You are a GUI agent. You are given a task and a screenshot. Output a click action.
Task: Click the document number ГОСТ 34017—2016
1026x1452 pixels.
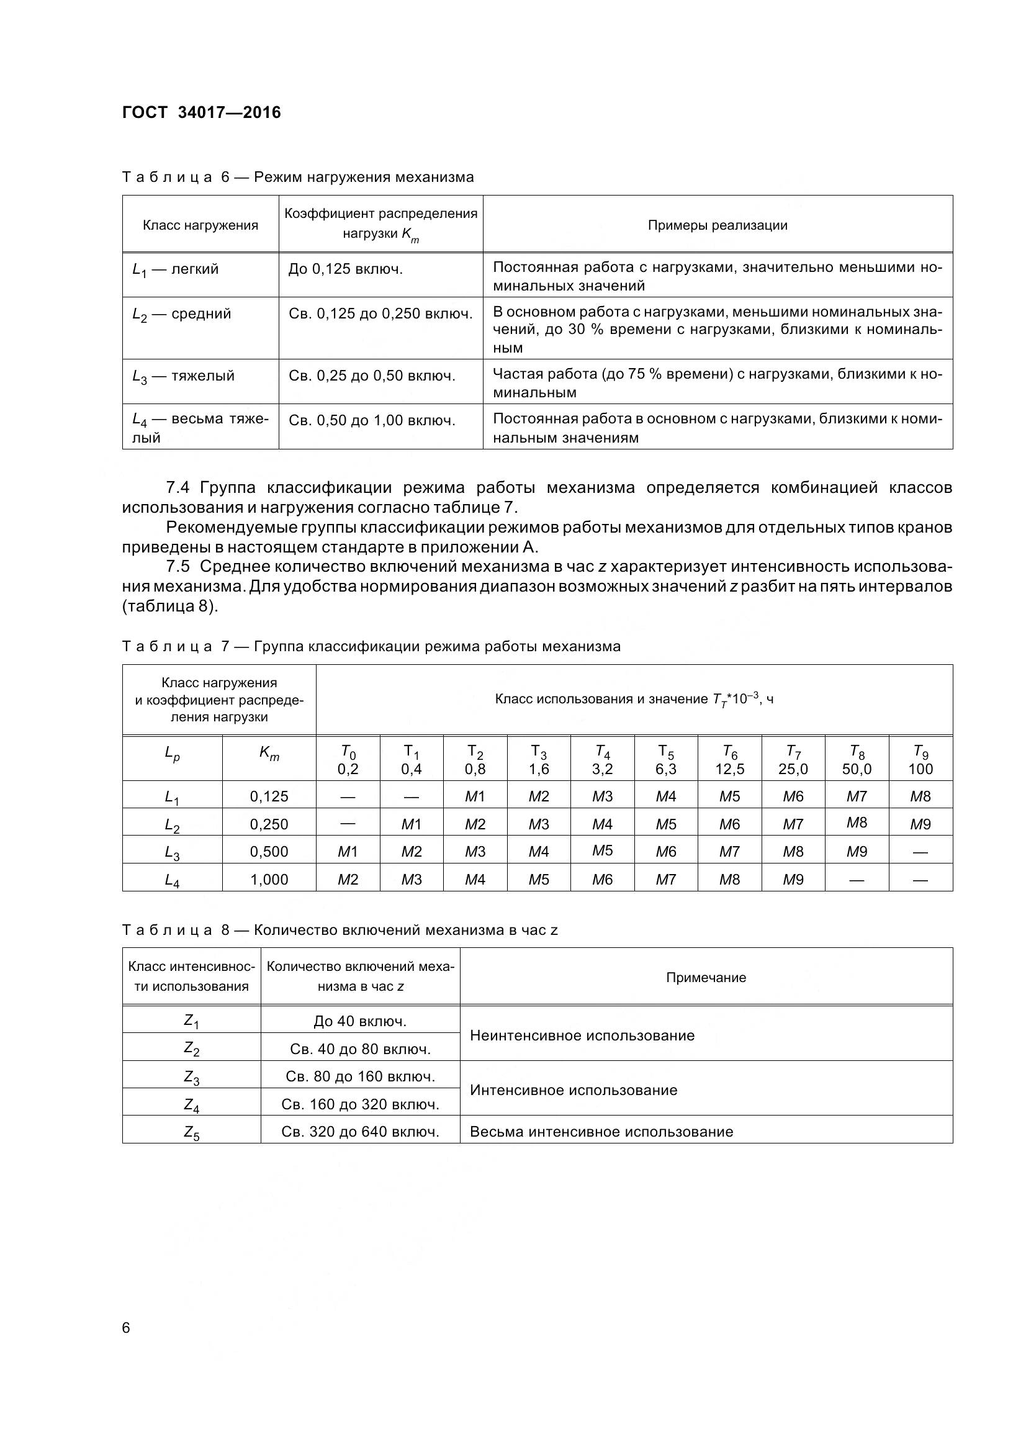point(201,112)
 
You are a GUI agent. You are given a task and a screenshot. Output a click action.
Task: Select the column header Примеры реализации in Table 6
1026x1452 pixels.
point(717,225)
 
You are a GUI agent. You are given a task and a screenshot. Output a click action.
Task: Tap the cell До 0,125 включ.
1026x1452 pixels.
point(345,269)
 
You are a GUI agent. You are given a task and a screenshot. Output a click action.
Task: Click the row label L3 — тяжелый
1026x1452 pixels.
point(183,376)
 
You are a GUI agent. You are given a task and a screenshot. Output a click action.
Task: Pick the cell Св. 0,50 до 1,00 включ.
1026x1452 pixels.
point(372,420)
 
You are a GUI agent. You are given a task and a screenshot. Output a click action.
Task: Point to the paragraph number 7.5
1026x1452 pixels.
point(178,566)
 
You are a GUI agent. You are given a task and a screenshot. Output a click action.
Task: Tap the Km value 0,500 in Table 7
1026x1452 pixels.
point(269,851)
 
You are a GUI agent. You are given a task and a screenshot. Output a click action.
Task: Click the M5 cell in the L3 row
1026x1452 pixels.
point(602,850)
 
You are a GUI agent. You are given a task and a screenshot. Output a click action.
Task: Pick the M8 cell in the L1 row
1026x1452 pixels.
point(920,796)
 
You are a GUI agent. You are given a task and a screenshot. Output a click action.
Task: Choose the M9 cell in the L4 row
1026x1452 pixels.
point(793,879)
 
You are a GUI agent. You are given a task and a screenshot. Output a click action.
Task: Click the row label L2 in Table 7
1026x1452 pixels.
point(172,824)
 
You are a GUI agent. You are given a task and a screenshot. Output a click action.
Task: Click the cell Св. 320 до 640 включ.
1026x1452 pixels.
point(360,1132)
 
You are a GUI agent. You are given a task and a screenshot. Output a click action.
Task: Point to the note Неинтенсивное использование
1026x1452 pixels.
point(582,1035)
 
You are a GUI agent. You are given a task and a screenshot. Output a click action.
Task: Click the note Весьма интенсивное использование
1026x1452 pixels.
point(601,1132)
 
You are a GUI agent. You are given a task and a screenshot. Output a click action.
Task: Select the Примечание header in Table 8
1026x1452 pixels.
point(706,977)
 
